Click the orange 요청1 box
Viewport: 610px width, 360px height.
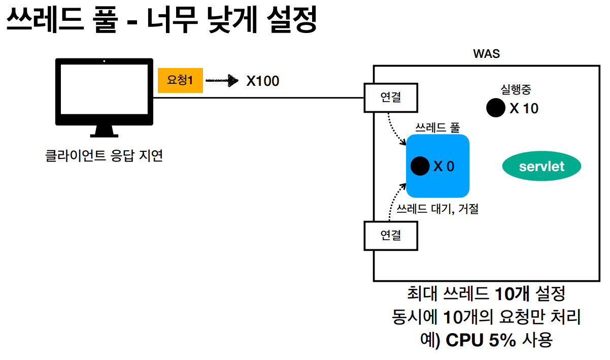[x=180, y=80]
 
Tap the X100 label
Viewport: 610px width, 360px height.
[x=262, y=81]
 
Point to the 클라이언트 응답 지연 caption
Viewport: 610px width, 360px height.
[x=104, y=155]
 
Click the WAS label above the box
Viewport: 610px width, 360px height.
[x=486, y=54]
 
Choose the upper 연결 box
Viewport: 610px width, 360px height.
[x=391, y=97]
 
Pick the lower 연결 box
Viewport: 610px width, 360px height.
[x=391, y=235]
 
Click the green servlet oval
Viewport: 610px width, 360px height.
[x=541, y=166]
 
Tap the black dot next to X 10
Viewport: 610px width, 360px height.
[x=495, y=108]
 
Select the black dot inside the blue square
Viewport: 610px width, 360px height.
[x=420, y=166]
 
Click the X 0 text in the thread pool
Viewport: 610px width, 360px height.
[x=444, y=166]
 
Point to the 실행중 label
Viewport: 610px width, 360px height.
[x=516, y=89]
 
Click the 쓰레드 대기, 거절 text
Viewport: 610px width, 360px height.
[x=437, y=208]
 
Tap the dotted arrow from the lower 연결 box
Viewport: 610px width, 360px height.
[x=394, y=203]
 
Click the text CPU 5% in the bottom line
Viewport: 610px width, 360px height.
[x=480, y=340]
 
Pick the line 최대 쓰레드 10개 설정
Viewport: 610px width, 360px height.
[x=486, y=293]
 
